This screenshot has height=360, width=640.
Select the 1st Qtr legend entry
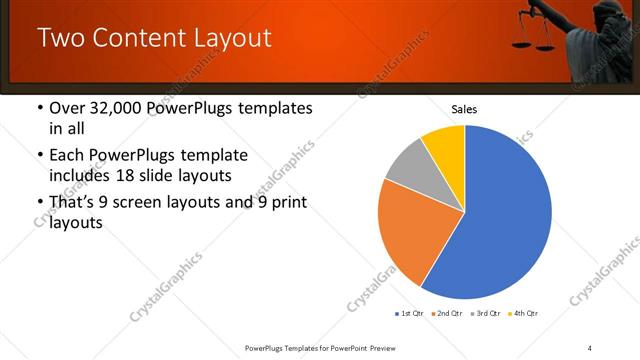(x=409, y=314)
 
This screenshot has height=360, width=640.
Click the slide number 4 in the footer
(x=589, y=347)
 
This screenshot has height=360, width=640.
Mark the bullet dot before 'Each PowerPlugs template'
(x=39, y=156)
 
